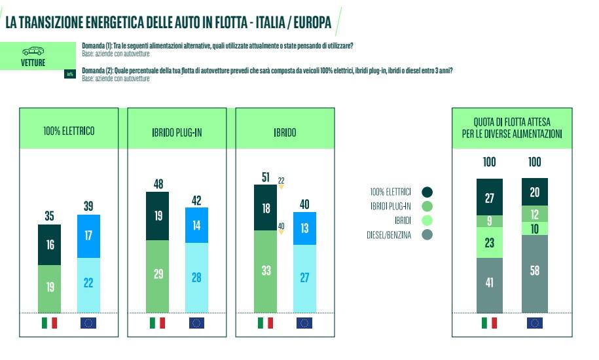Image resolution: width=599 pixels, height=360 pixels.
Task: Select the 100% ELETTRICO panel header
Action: coord(69,131)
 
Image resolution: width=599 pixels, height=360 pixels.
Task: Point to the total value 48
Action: coord(157,185)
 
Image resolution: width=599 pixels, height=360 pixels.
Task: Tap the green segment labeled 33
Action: coord(265,271)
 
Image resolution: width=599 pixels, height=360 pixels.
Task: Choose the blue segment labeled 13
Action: coord(304,228)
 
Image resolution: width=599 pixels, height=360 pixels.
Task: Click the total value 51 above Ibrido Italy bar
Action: coord(265,177)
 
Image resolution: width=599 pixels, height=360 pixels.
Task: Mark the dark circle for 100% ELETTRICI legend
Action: coord(427,192)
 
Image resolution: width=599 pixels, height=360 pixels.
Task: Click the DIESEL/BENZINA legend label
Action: coord(389,235)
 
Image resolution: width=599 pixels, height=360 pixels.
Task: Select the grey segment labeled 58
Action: coord(534,270)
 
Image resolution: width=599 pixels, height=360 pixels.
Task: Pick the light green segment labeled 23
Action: coord(489,242)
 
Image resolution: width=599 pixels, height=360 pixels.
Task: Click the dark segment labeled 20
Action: coord(534,192)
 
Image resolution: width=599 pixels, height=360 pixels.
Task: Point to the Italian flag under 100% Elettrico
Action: coord(49,323)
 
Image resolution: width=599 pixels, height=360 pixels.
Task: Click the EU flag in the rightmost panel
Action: coord(534,323)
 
